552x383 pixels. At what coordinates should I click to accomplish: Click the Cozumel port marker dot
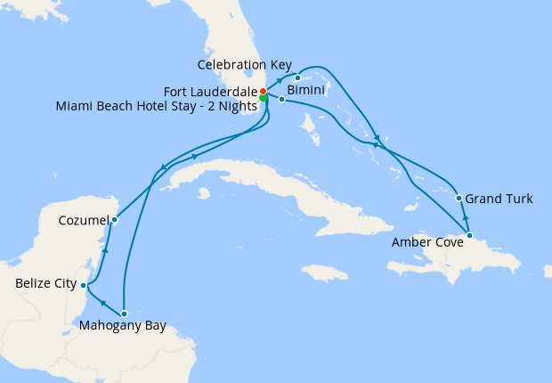click(x=114, y=219)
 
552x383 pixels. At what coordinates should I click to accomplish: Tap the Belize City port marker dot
click(x=83, y=285)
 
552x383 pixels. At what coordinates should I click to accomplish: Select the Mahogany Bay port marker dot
click(x=124, y=314)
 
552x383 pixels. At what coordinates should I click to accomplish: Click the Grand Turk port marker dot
click(x=459, y=199)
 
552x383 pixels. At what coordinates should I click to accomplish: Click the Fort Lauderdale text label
click(x=210, y=92)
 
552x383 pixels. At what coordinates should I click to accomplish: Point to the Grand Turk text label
click(x=500, y=199)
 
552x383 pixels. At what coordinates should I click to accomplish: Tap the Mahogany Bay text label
click(x=123, y=327)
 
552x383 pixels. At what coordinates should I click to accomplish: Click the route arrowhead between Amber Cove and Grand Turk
click(x=465, y=217)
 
